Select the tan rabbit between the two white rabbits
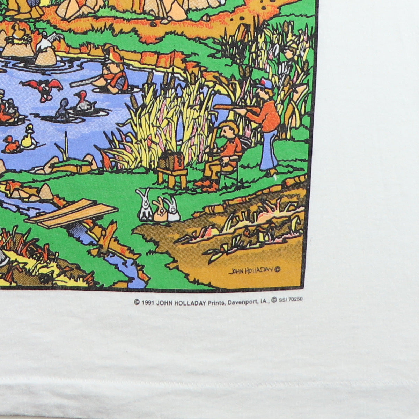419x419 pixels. click(x=159, y=210)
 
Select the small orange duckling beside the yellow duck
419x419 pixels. click(x=12, y=144)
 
